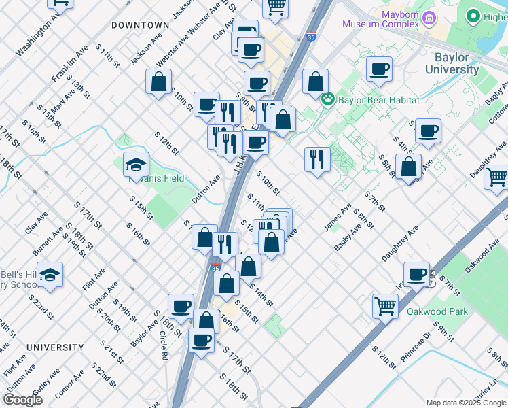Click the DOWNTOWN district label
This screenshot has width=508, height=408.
(x=140, y=25)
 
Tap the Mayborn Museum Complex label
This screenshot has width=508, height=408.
(x=380, y=19)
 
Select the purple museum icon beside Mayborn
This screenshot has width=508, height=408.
(x=429, y=18)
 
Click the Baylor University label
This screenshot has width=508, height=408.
(x=452, y=64)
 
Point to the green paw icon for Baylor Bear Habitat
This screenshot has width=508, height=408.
(x=329, y=99)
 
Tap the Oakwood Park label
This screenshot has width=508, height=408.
(x=437, y=312)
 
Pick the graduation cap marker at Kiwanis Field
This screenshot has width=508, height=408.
(x=136, y=164)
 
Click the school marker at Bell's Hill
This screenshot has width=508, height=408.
(x=50, y=275)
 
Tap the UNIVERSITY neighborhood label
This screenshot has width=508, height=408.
(x=55, y=347)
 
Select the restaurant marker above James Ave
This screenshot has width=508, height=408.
(x=317, y=159)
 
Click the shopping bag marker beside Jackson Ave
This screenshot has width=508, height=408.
(x=158, y=82)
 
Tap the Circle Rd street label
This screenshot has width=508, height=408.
(x=164, y=345)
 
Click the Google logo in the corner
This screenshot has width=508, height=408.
(x=23, y=400)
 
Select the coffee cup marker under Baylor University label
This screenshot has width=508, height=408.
(x=378, y=68)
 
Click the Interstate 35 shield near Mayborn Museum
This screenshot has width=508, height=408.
(x=310, y=37)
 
